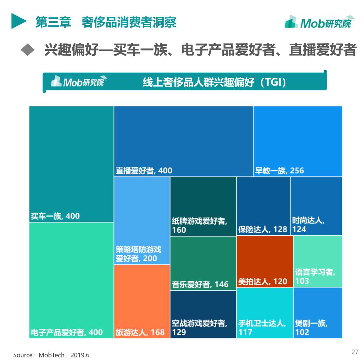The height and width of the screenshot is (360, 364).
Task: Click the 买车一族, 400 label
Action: [55, 216]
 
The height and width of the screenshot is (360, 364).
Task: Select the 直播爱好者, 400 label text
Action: [144, 171]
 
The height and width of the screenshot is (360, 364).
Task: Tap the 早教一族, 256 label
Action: [279, 171]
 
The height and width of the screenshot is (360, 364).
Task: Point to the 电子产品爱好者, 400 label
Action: [67, 332]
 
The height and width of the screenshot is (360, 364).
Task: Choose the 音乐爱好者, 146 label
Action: [200, 284]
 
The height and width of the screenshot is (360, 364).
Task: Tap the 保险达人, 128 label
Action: [263, 229]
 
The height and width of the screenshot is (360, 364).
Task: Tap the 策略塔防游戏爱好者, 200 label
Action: [138, 254]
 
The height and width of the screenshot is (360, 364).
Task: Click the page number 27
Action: [355, 351]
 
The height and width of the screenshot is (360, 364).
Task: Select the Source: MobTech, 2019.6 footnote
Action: [51, 355]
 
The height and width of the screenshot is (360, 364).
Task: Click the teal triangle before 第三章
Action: [18, 21]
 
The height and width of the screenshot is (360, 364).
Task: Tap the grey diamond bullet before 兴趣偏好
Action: [28, 50]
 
